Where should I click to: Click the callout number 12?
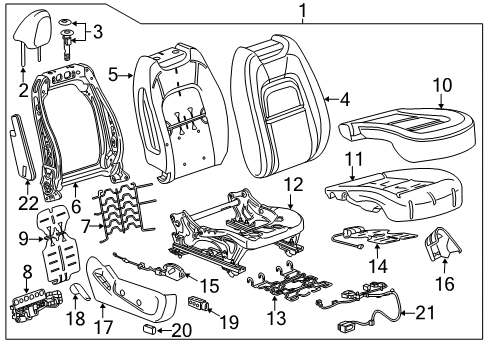pyautogui.click(x=292, y=184)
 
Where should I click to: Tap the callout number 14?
pyautogui.click(x=404, y=267)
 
